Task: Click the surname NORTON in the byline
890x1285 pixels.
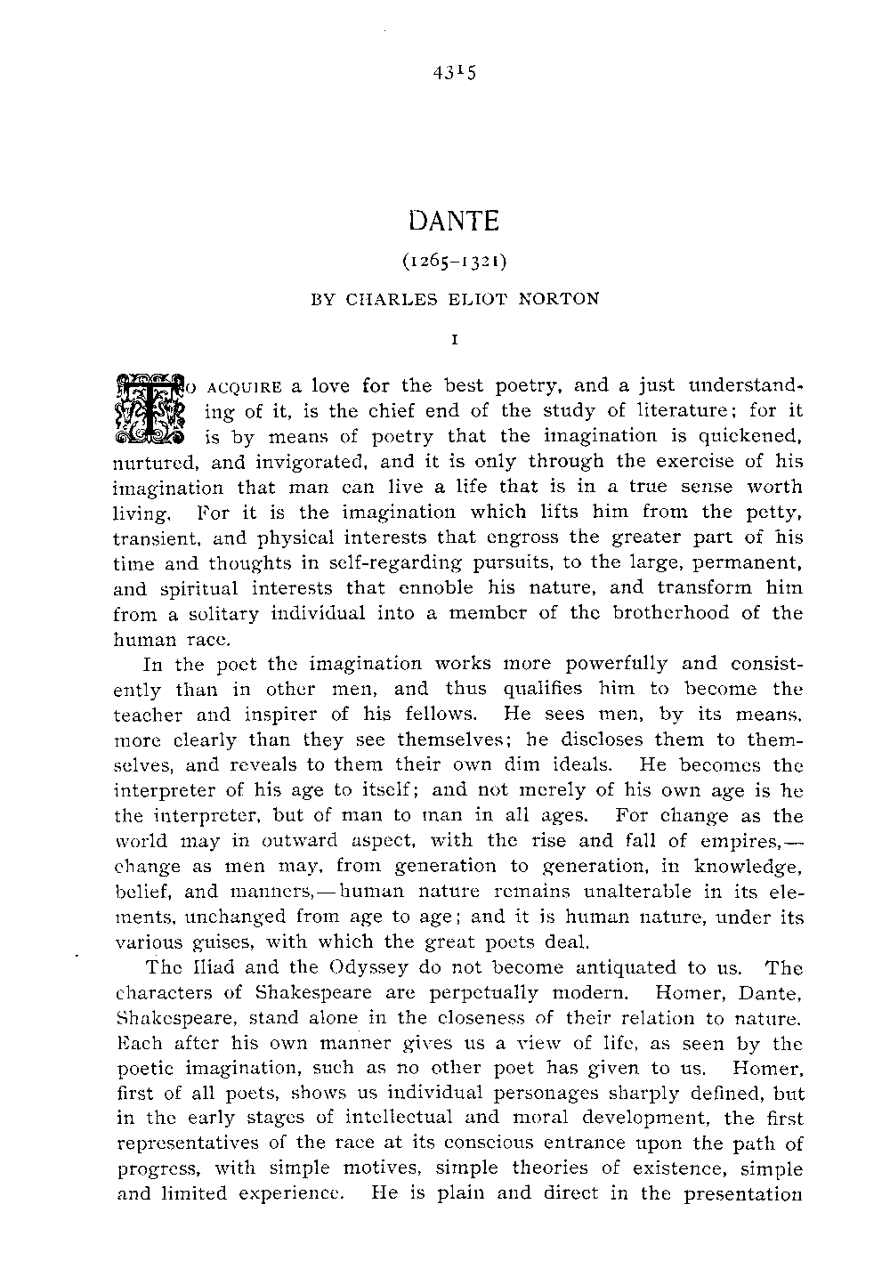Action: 560,299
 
